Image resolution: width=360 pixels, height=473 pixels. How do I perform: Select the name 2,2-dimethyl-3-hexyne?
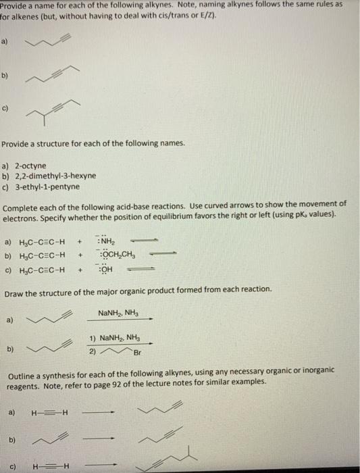click(x=55, y=176)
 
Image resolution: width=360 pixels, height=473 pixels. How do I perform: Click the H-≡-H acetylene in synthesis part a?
click(x=46, y=413)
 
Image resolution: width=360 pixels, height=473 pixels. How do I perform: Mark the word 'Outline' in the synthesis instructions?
click(x=18, y=376)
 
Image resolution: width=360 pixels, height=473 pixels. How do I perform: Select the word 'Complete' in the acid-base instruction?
click(x=22, y=203)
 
